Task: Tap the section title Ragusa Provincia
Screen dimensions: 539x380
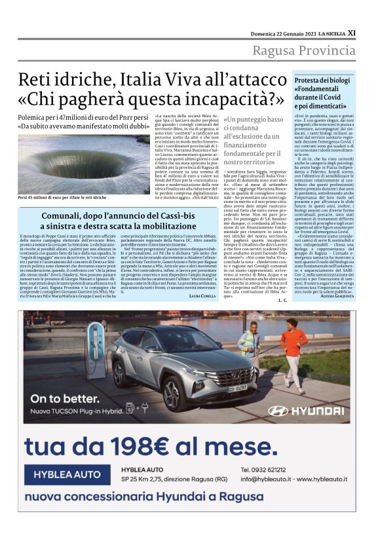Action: click(304, 51)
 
